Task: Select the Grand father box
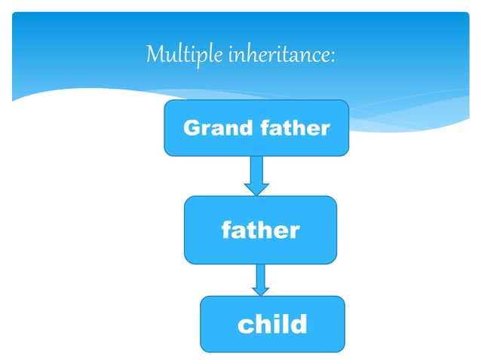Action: click(256, 127)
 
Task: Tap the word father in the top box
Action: click(295, 128)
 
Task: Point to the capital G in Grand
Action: click(192, 128)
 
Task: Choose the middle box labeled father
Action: click(260, 230)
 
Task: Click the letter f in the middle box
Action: click(226, 230)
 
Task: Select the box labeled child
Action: click(272, 324)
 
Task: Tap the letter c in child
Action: click(245, 325)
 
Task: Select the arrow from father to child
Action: click(261, 279)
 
